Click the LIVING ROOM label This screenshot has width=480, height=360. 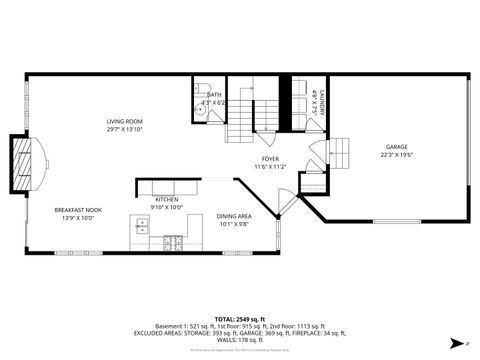point(125,121)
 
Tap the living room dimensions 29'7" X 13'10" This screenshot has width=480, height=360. point(125,129)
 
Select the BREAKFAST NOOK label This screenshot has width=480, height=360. point(78,210)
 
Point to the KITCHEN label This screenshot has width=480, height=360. point(166,200)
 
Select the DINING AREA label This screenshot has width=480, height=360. point(234,216)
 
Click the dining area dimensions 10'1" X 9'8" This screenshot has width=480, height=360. point(234,224)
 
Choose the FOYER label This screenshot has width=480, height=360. point(270,158)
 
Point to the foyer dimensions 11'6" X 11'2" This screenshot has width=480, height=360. point(270,166)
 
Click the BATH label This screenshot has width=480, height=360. point(215,94)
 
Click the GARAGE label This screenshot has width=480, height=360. point(397,146)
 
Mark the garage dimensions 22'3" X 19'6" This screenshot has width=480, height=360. point(397,154)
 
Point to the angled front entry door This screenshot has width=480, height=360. point(287,204)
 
